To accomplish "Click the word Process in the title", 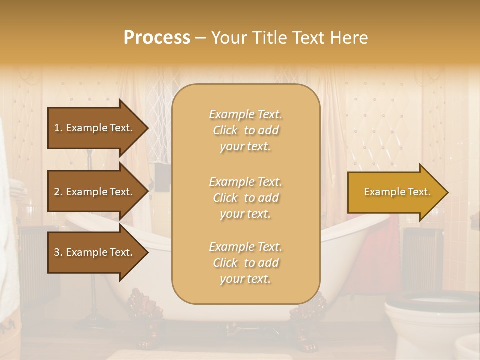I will coord(157,38).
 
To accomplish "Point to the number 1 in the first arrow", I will coord(57,128).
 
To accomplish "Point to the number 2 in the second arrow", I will coord(57,192).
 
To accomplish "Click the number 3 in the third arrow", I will coord(57,252).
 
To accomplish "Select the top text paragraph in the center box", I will coord(245,130).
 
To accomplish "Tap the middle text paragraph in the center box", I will coord(245,198).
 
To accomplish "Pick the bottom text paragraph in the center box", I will coord(245,263).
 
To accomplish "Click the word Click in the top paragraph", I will coord(225,130).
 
